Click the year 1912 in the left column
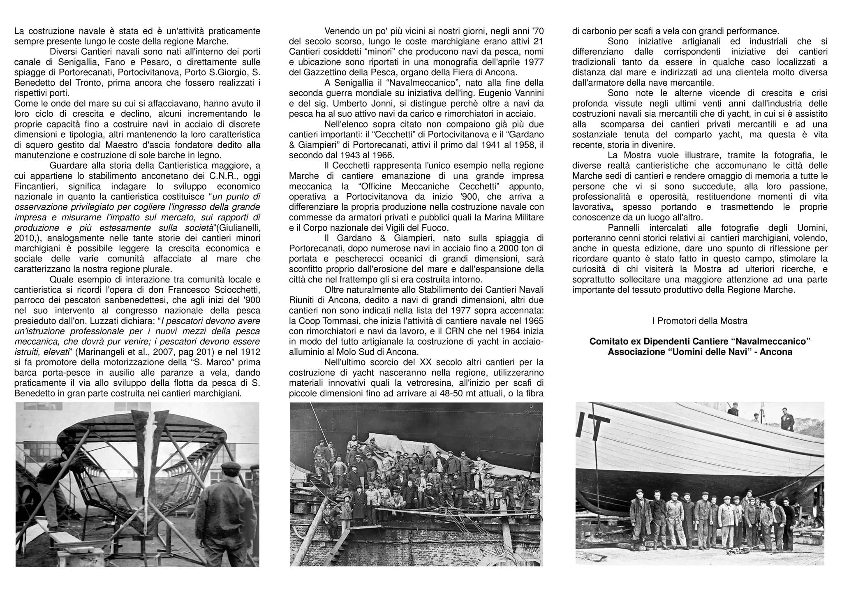pos(252,352)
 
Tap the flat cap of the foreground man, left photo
pos(231,465)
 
